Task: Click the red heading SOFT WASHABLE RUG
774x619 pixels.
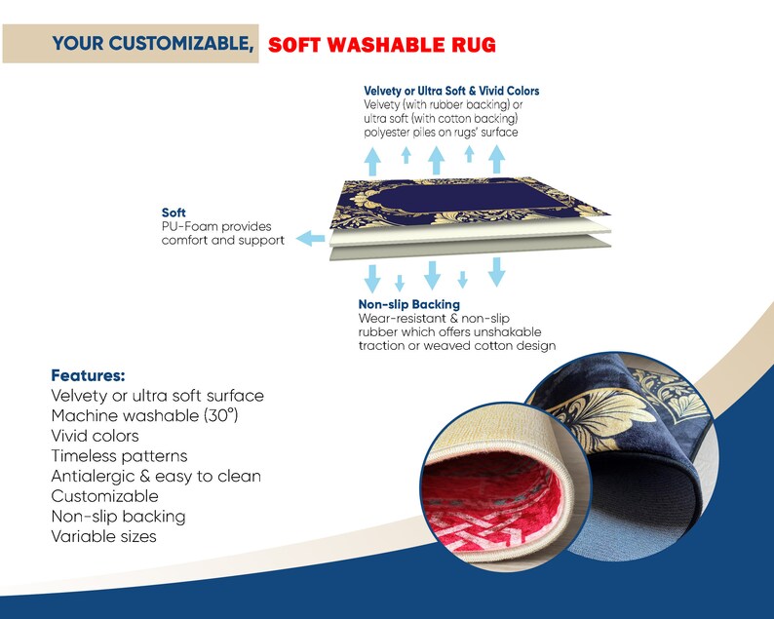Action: click(381, 45)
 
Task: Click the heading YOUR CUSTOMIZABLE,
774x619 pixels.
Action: click(153, 44)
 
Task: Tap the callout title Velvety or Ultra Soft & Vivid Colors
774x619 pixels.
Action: click(451, 91)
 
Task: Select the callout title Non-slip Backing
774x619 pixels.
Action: click(408, 304)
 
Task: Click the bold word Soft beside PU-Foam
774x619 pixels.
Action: click(174, 213)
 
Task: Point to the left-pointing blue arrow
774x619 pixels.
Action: click(311, 239)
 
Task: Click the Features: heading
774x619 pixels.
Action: click(88, 375)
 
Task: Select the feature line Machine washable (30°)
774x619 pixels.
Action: click(144, 415)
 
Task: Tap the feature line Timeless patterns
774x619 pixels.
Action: click(120, 455)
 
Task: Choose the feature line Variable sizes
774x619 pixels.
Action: click(103, 536)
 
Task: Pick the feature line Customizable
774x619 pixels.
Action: click(104, 496)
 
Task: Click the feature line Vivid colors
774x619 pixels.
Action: click(95, 436)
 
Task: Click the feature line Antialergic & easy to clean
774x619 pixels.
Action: click(156, 476)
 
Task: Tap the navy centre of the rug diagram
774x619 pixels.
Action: click(464, 197)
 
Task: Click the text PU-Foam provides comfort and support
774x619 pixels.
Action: click(223, 234)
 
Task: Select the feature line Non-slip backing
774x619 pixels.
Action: click(119, 517)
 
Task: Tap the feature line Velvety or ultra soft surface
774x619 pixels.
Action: click(158, 396)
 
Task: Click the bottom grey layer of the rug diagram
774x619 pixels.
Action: click(470, 250)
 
